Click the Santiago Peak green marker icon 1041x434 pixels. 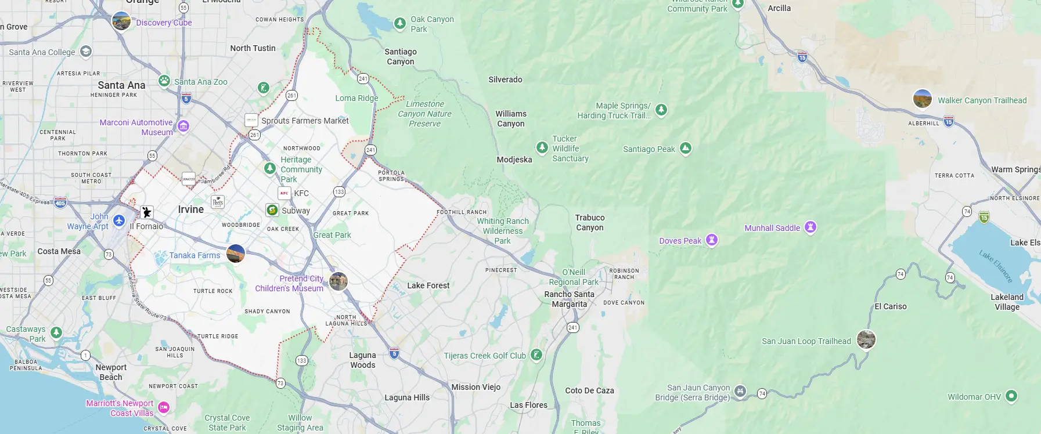tap(685, 149)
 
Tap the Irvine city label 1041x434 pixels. tap(191, 209)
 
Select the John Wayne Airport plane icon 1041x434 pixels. tap(119, 220)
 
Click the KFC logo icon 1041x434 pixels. tap(284, 193)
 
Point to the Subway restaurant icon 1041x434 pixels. tap(272, 210)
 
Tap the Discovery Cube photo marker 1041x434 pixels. tap(121, 21)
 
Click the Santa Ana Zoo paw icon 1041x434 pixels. tap(164, 81)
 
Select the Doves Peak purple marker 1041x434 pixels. tap(712, 240)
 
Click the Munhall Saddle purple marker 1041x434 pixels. tap(811, 227)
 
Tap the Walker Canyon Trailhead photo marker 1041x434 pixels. tap(922, 99)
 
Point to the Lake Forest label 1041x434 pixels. tap(428, 285)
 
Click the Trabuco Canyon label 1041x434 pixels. tap(590, 222)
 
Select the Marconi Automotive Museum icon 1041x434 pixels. tap(183, 126)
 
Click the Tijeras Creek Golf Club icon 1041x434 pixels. tap(536, 355)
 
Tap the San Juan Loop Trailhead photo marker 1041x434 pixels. tap(866, 339)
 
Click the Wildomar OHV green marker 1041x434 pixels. tap(1011, 396)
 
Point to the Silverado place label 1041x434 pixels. tap(505, 79)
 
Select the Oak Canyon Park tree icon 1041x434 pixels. tap(400, 23)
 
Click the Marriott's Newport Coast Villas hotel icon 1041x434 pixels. tap(164, 407)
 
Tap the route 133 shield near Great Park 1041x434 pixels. tap(339, 191)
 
